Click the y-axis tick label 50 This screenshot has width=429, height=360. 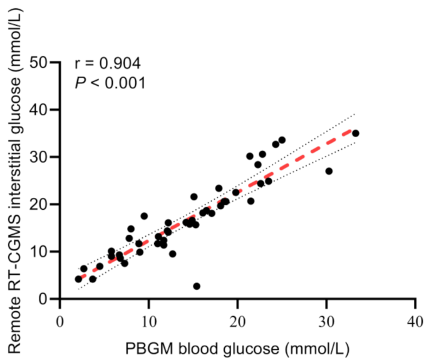tap(41, 62)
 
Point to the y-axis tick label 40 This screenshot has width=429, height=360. tap(41, 110)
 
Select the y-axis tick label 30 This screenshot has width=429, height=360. tap(41, 157)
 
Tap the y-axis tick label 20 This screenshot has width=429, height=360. tap(41, 204)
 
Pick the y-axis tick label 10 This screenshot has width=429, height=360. tap(41, 252)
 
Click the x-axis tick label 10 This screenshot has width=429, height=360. tap(148, 321)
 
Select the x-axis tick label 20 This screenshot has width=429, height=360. tap(237, 321)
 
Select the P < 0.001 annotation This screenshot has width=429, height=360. tap(110, 83)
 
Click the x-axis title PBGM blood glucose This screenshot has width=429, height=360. tap(237, 346)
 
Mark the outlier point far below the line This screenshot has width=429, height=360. tap(197, 286)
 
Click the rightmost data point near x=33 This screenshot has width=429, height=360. tap(356, 133)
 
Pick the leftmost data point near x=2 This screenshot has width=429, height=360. tap(78, 279)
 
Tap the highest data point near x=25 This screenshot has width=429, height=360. tap(282, 140)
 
